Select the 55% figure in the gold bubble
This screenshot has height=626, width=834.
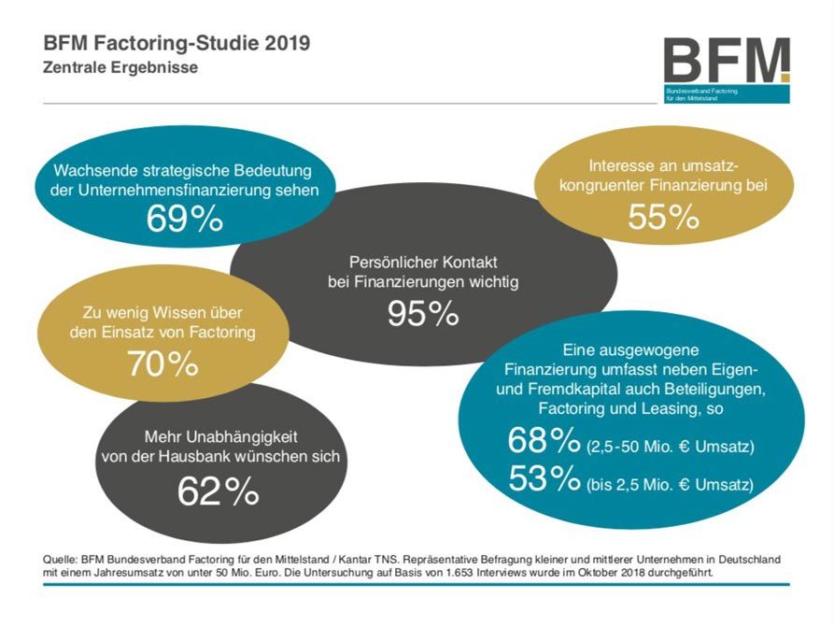(x=663, y=217)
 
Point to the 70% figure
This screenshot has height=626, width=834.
(x=163, y=363)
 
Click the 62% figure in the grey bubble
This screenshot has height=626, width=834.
(x=219, y=491)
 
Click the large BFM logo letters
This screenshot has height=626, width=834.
(x=727, y=62)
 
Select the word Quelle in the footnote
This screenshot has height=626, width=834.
(x=60, y=558)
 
